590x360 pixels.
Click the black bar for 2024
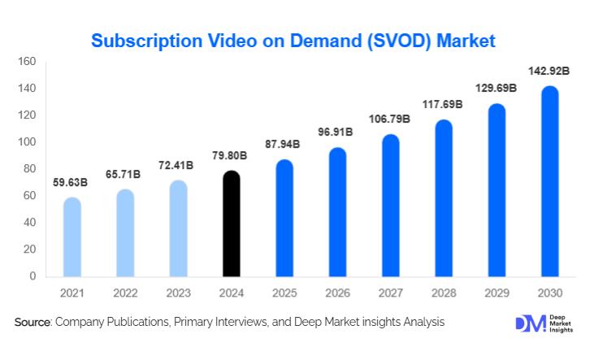[232, 223]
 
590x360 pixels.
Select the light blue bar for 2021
[72, 236]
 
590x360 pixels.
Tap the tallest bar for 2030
[550, 181]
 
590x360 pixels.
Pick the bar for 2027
[391, 206]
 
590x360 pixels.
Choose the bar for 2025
[284, 218]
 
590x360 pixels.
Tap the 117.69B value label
[441, 104]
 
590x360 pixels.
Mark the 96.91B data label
[335, 131]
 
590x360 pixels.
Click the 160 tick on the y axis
[27, 62]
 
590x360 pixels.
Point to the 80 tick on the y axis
[29, 169]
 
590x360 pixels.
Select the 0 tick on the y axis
[33, 276]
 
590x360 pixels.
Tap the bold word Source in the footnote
[33, 323]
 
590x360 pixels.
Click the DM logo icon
[531, 323]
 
